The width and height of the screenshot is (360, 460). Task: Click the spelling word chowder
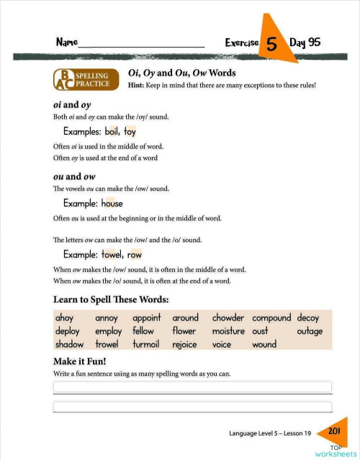coord(228,317)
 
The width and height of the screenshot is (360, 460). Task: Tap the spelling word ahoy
coord(64,317)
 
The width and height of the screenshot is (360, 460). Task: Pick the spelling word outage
coord(310,331)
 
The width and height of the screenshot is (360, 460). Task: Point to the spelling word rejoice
coord(188,345)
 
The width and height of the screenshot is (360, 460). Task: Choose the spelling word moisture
coord(228,331)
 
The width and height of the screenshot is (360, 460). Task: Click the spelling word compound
coord(271,317)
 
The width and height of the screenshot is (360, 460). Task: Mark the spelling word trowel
coord(108,345)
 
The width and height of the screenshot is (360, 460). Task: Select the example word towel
coord(112,254)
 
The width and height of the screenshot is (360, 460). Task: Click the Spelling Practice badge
coord(84,80)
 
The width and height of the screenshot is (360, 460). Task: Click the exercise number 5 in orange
coord(272,43)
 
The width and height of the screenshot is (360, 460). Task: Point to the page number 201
coord(333,430)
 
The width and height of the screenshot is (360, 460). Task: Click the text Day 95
coord(305,42)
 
